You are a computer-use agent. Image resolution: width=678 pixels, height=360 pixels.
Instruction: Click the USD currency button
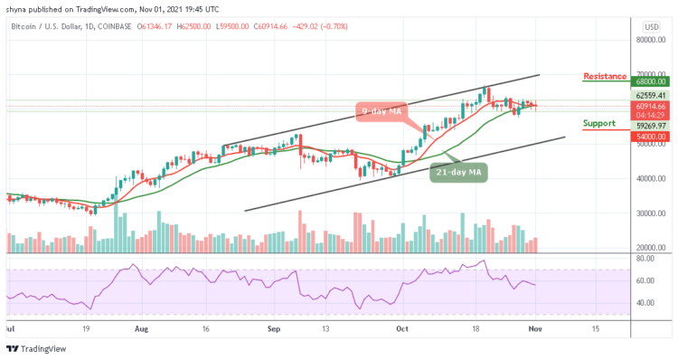coord(650,26)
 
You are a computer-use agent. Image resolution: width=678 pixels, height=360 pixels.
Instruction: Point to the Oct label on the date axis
coord(404,330)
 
